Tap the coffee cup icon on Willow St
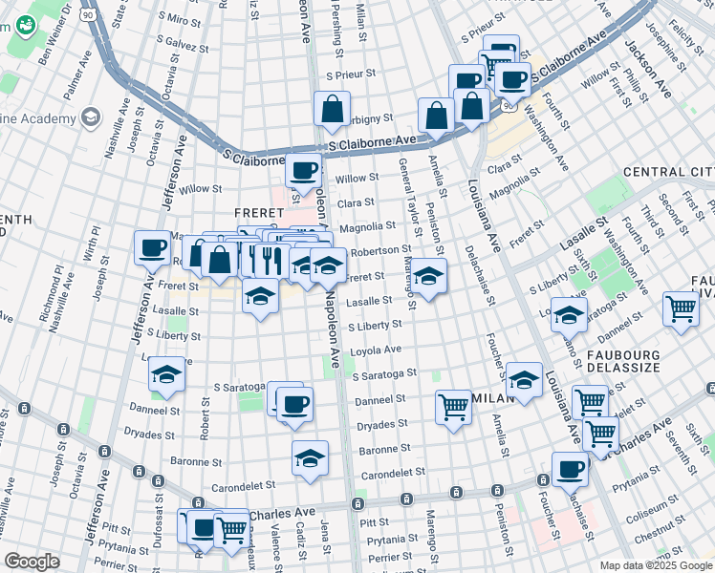click(304, 171)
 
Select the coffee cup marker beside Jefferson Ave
click(152, 248)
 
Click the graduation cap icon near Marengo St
click(429, 277)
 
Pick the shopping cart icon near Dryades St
click(453, 406)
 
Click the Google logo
click(32, 562)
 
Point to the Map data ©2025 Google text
click(655, 565)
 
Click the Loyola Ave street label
click(379, 350)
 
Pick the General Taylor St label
click(407, 190)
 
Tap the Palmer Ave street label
click(71, 82)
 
